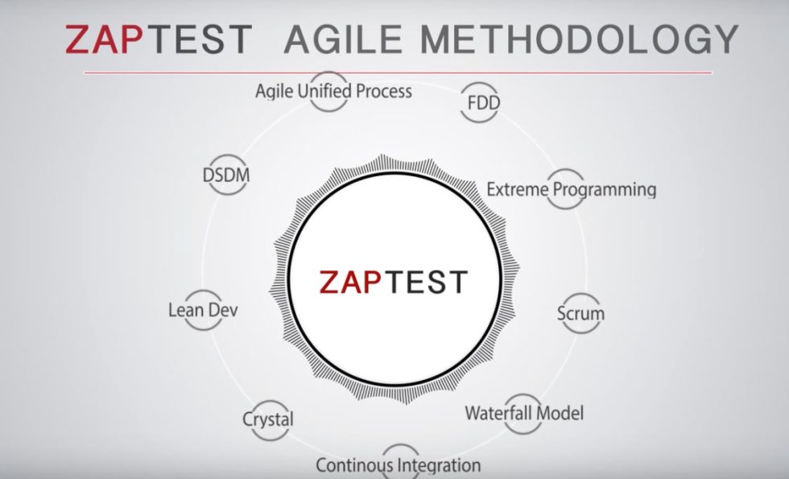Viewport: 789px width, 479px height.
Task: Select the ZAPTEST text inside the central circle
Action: coord(393,282)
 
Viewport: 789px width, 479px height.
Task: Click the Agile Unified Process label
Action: coord(333,91)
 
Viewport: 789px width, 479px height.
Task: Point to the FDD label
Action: coord(483,104)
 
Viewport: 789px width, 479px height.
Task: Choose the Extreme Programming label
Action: coord(571,190)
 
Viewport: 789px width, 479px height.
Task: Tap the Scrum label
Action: coord(580,312)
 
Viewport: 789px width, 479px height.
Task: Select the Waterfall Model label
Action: coord(524,414)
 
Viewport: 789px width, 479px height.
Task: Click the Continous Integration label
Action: coord(398,465)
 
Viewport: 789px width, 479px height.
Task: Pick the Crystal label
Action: coord(268,419)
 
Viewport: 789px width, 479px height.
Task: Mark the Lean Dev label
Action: coord(203,309)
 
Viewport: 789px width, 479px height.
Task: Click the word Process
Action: coord(384,91)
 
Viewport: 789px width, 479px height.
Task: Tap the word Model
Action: coord(560,414)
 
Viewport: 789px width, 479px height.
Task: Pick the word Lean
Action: coord(184,309)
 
